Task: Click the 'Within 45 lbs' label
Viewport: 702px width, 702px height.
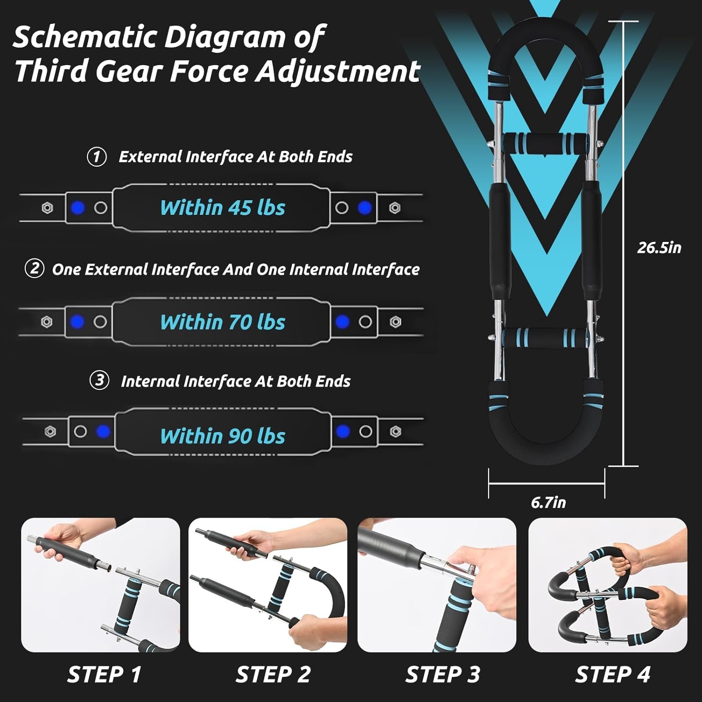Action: (222, 208)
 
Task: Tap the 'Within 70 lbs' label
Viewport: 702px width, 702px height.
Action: (222, 322)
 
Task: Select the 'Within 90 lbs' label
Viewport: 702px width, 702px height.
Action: (222, 436)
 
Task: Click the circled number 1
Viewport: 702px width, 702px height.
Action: (97, 156)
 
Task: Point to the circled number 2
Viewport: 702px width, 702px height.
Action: (34, 269)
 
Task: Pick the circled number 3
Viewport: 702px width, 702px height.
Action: (99, 380)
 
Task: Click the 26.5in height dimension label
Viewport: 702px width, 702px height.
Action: (659, 247)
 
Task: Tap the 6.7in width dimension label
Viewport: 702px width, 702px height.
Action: (548, 502)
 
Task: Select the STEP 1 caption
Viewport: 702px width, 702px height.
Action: (104, 674)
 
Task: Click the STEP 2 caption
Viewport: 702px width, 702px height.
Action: (273, 674)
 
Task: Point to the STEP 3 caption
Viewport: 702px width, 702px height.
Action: (443, 674)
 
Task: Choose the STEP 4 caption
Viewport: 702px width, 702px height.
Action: (613, 674)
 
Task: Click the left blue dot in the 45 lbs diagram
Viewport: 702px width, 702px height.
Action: (78, 208)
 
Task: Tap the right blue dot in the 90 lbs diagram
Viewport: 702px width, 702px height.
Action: (343, 431)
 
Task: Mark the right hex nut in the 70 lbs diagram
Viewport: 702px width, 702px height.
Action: (395, 322)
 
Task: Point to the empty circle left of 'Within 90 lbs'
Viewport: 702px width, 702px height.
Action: (80, 431)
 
